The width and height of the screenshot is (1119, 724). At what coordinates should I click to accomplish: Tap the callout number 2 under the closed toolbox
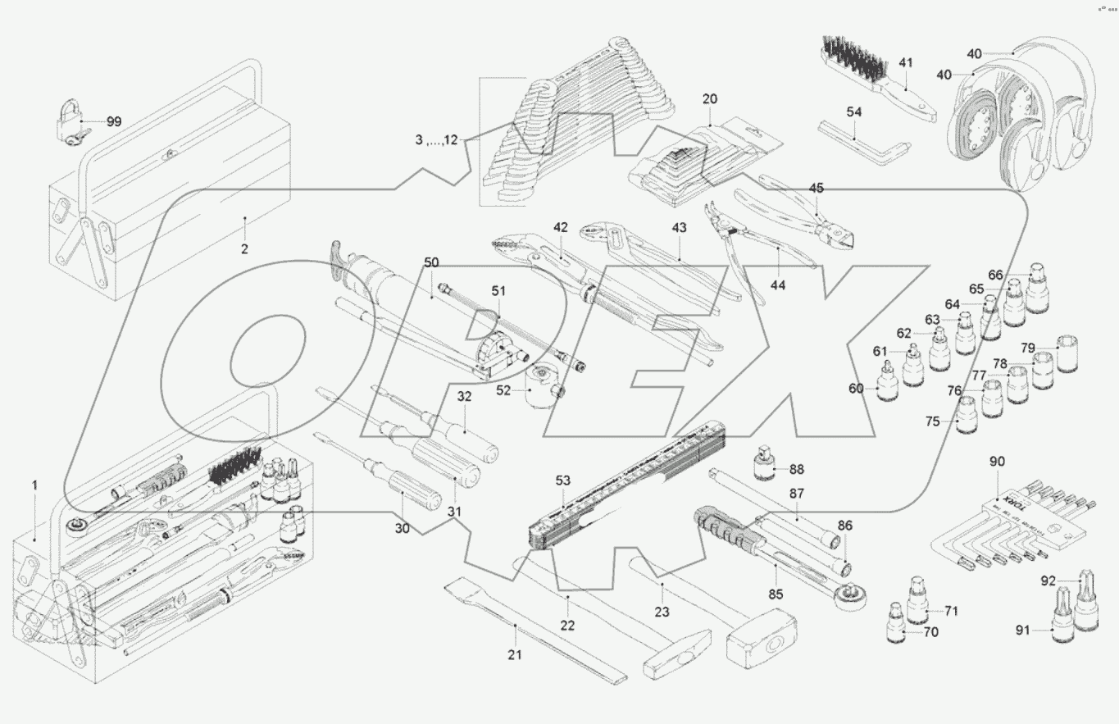point(243,247)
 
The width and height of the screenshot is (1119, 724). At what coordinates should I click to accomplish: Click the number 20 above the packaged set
point(709,98)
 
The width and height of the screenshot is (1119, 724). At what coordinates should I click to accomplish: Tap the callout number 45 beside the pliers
point(816,188)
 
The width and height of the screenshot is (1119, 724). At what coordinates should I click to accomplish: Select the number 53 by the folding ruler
point(562,500)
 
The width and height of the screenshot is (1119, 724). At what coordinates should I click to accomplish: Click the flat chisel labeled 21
point(533,631)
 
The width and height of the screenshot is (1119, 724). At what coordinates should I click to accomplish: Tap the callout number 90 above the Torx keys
point(996,462)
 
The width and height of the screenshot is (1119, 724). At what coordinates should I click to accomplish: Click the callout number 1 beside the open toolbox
point(34,485)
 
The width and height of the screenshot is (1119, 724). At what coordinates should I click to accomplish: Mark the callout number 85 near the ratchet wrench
point(775,594)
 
